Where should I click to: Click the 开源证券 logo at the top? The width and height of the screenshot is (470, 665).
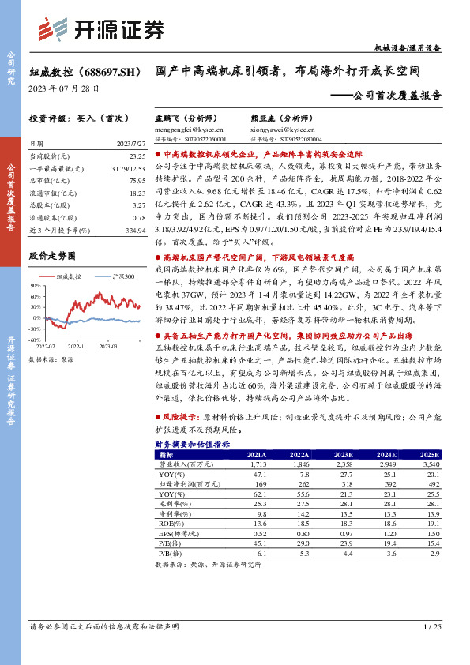pyautogui.click(x=101, y=28)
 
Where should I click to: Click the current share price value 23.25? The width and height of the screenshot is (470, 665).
pyautogui.click(x=136, y=158)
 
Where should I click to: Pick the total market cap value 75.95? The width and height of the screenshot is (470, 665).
pyautogui.click(x=136, y=181)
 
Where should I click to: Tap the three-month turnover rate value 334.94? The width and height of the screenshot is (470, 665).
pyautogui.click(x=134, y=231)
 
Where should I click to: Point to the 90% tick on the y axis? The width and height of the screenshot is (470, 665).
pyautogui.click(x=36, y=286)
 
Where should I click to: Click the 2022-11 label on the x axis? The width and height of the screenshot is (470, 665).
pyautogui.click(x=77, y=345)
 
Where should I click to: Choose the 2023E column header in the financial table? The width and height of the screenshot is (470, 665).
pyautogui.click(x=344, y=456)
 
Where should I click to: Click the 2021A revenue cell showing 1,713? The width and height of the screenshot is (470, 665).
pyautogui.click(x=256, y=465)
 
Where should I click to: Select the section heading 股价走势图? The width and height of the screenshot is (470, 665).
pyautogui.click(x=52, y=256)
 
